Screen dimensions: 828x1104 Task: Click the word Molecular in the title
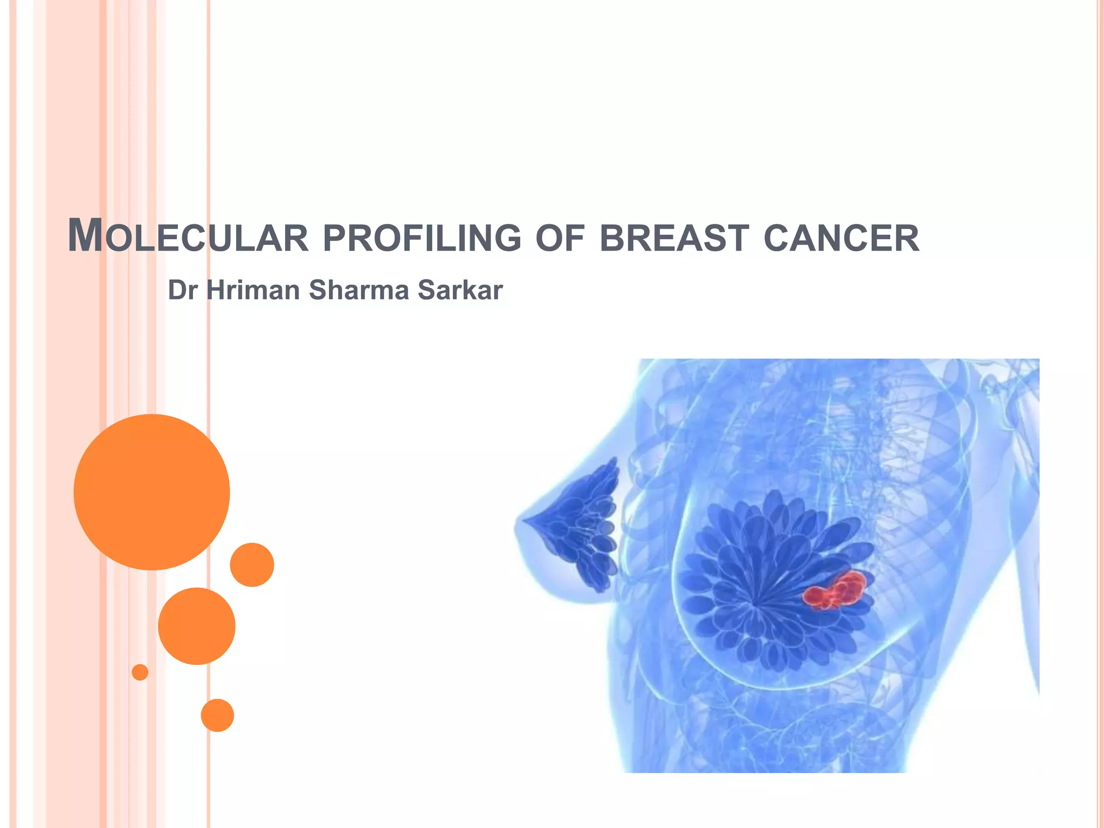tap(188, 237)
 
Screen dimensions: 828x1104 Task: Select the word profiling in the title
tap(422, 238)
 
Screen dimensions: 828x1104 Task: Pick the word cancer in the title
tap(841, 238)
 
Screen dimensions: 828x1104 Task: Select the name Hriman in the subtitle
tap(253, 290)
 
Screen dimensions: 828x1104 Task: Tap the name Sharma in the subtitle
tap(359, 290)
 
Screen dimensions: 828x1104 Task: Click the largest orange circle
tap(152, 492)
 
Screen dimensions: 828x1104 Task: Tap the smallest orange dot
tap(140, 672)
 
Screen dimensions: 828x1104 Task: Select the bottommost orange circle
tap(217, 715)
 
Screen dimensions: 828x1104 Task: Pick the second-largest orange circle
tap(197, 626)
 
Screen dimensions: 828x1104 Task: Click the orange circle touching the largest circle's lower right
tap(252, 564)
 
